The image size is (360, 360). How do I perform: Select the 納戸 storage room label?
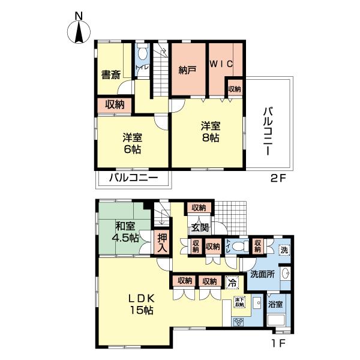pyautogui.click(x=188, y=70)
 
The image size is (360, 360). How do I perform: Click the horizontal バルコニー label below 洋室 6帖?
pyautogui.click(x=133, y=179)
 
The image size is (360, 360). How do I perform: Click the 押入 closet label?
pyautogui.click(x=162, y=243)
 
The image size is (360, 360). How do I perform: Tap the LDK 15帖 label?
pyautogui.click(x=142, y=304)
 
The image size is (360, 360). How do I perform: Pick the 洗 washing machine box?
pyautogui.click(x=284, y=249)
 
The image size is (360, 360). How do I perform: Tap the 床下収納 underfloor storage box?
pyautogui.click(x=239, y=303)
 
